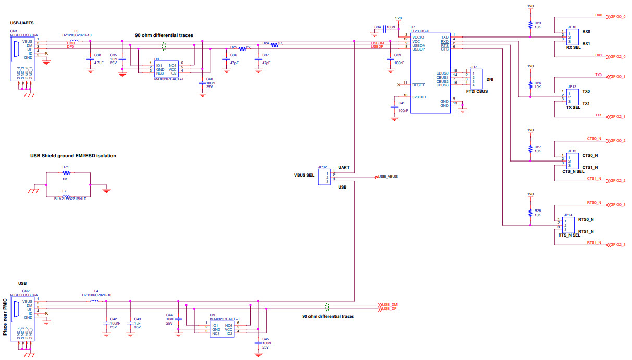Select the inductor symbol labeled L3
(75, 41)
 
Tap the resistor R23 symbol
(530, 24)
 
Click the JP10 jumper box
(572, 38)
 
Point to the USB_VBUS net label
(388, 177)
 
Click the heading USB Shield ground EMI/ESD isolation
(73, 156)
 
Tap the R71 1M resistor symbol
(66, 173)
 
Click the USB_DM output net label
(389, 304)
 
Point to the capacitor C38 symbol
(90, 59)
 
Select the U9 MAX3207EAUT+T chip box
(221, 329)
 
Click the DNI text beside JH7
(490, 80)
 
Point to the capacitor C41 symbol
(394, 107)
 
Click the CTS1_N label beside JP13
(590, 167)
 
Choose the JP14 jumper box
(568, 225)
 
